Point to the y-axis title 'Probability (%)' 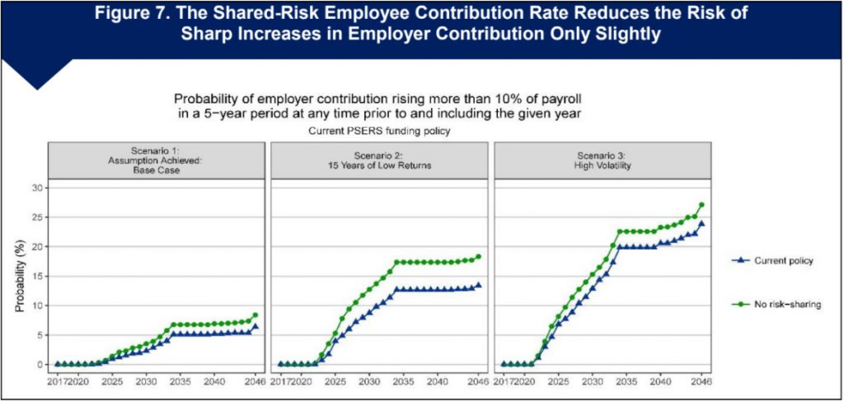(20, 277)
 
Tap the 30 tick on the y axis (35, 188)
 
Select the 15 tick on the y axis (35, 276)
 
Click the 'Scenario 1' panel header (156, 160)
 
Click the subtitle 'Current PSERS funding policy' (377, 131)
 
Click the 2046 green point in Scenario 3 (701, 205)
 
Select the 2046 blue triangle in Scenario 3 (701, 223)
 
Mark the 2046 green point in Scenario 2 (478, 256)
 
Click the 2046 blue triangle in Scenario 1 (256, 326)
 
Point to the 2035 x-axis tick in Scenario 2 (404, 381)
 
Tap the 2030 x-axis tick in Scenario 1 (146, 381)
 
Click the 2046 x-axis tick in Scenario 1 (256, 381)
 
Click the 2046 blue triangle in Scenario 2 (478, 285)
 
